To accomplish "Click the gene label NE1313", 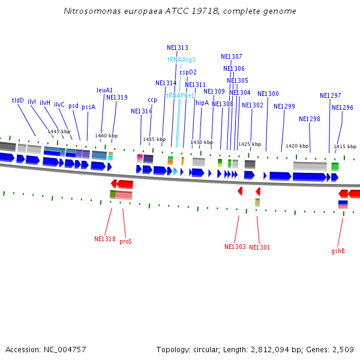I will [x=177, y=47].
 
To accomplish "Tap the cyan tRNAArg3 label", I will [x=181, y=59].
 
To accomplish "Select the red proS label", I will [x=125, y=241].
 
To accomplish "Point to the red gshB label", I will [x=338, y=251].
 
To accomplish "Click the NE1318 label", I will [x=104, y=239].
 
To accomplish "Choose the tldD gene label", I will [x=18, y=101].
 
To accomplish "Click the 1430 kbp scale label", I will [x=202, y=143].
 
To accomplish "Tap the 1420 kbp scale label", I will [x=297, y=146].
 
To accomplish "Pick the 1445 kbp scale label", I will [x=59, y=131].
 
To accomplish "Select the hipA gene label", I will [x=202, y=103].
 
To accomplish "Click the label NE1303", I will [x=235, y=247].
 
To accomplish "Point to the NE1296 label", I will [x=342, y=107].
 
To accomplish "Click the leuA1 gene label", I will [x=104, y=90].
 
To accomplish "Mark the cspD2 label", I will [x=188, y=72].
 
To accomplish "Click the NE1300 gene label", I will [x=268, y=94].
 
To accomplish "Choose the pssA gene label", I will [x=88, y=106].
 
